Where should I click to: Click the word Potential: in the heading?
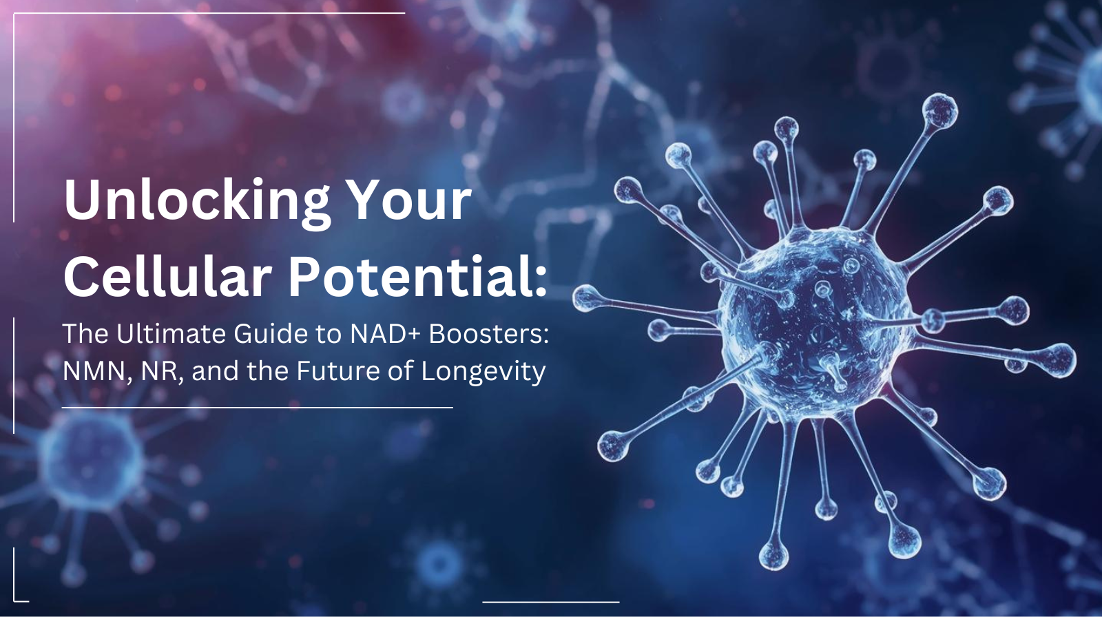click(x=417, y=277)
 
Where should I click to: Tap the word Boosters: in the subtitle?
click(x=489, y=334)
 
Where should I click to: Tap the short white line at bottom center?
click(x=550, y=602)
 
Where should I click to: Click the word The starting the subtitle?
click(x=85, y=334)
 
